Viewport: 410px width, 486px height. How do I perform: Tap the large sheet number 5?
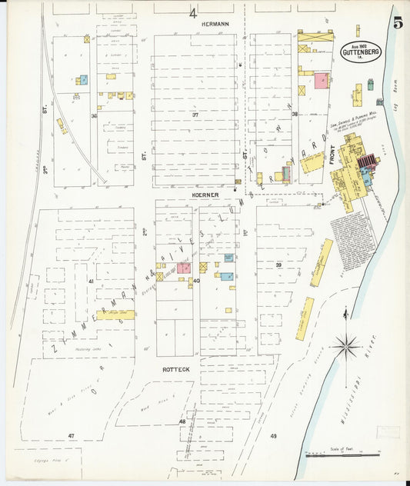pos(398,22)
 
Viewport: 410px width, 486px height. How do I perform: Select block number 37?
pos(195,115)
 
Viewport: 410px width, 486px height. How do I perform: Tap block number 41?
pos(90,282)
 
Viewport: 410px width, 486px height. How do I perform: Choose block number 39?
pos(278,265)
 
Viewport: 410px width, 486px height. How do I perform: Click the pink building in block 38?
pos(321,82)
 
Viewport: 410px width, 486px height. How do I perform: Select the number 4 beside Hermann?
pos(193,13)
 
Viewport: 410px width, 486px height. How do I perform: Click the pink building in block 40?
pos(184,268)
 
